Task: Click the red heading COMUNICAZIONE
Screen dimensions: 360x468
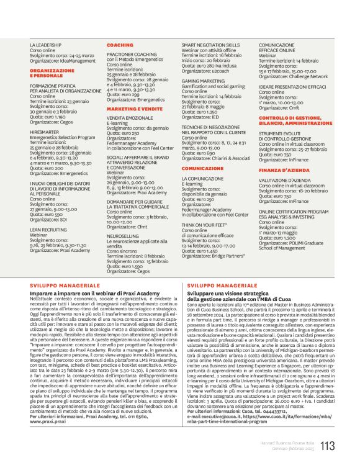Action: [x=202, y=168]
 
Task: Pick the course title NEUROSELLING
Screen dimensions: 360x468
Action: [x=122, y=236]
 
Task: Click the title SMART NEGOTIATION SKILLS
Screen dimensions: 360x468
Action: [x=210, y=45]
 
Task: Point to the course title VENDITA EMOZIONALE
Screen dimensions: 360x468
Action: [x=130, y=117]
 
